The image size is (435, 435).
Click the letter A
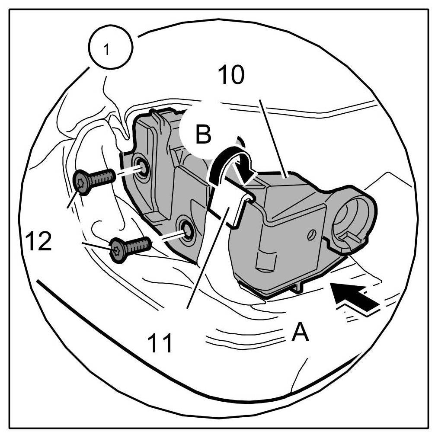coord(300,333)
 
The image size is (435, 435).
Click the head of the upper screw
coord(82,183)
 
